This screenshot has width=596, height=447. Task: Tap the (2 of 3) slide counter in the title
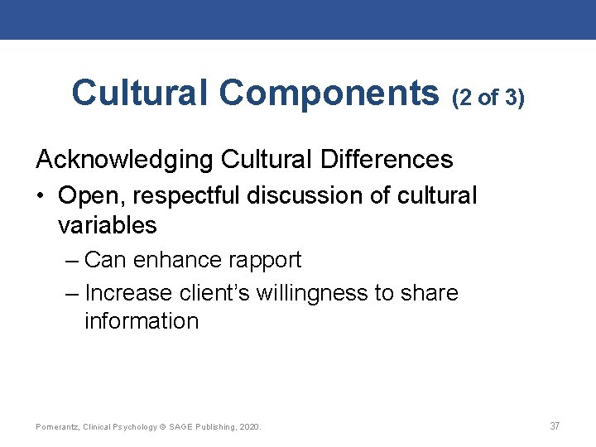488,98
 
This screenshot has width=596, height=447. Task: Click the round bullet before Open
41,197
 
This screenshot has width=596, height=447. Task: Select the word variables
108,224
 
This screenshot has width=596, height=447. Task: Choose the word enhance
174,260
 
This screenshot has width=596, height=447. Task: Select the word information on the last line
142,321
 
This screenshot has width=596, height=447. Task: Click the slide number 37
555,426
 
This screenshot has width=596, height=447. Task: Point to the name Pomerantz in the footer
56,427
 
